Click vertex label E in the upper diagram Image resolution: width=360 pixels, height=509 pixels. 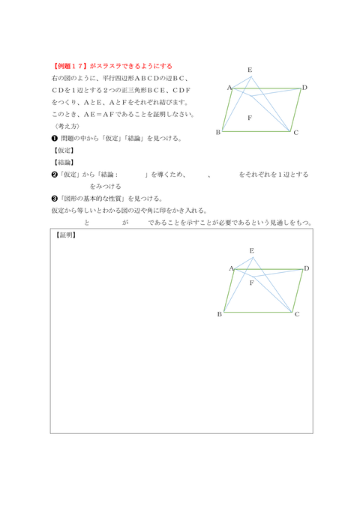[250, 70]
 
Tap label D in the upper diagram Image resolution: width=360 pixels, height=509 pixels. [304, 88]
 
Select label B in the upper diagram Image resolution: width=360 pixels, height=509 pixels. [217, 132]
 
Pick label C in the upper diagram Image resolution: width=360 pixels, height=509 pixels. [296, 133]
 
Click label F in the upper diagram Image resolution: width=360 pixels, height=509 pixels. [249, 118]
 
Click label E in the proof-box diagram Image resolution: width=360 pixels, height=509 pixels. [251, 250]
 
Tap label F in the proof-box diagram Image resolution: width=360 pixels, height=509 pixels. [251, 283]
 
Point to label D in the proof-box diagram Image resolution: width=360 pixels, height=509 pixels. [307, 268]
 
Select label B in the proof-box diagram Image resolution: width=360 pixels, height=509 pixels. [219, 313]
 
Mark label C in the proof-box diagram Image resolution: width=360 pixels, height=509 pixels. [297, 313]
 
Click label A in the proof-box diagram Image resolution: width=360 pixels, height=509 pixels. [230, 268]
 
